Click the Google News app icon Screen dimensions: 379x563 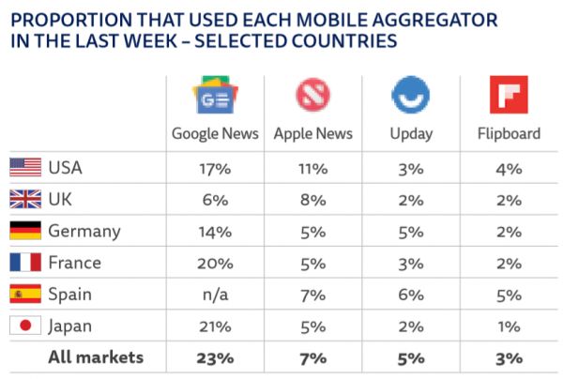(215, 97)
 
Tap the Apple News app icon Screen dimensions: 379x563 (312, 97)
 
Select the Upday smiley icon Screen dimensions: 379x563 (410, 97)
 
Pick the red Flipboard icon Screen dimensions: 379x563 (508, 97)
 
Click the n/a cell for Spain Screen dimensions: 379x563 (215, 295)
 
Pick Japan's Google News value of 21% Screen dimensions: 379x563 (215, 326)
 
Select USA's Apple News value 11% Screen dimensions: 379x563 (312, 168)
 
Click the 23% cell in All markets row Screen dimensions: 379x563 (215, 357)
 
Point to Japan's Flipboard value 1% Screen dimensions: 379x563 (508, 326)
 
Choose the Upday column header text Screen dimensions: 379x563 (410, 134)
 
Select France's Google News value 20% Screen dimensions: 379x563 (215, 263)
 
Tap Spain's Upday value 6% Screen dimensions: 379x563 (410, 295)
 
